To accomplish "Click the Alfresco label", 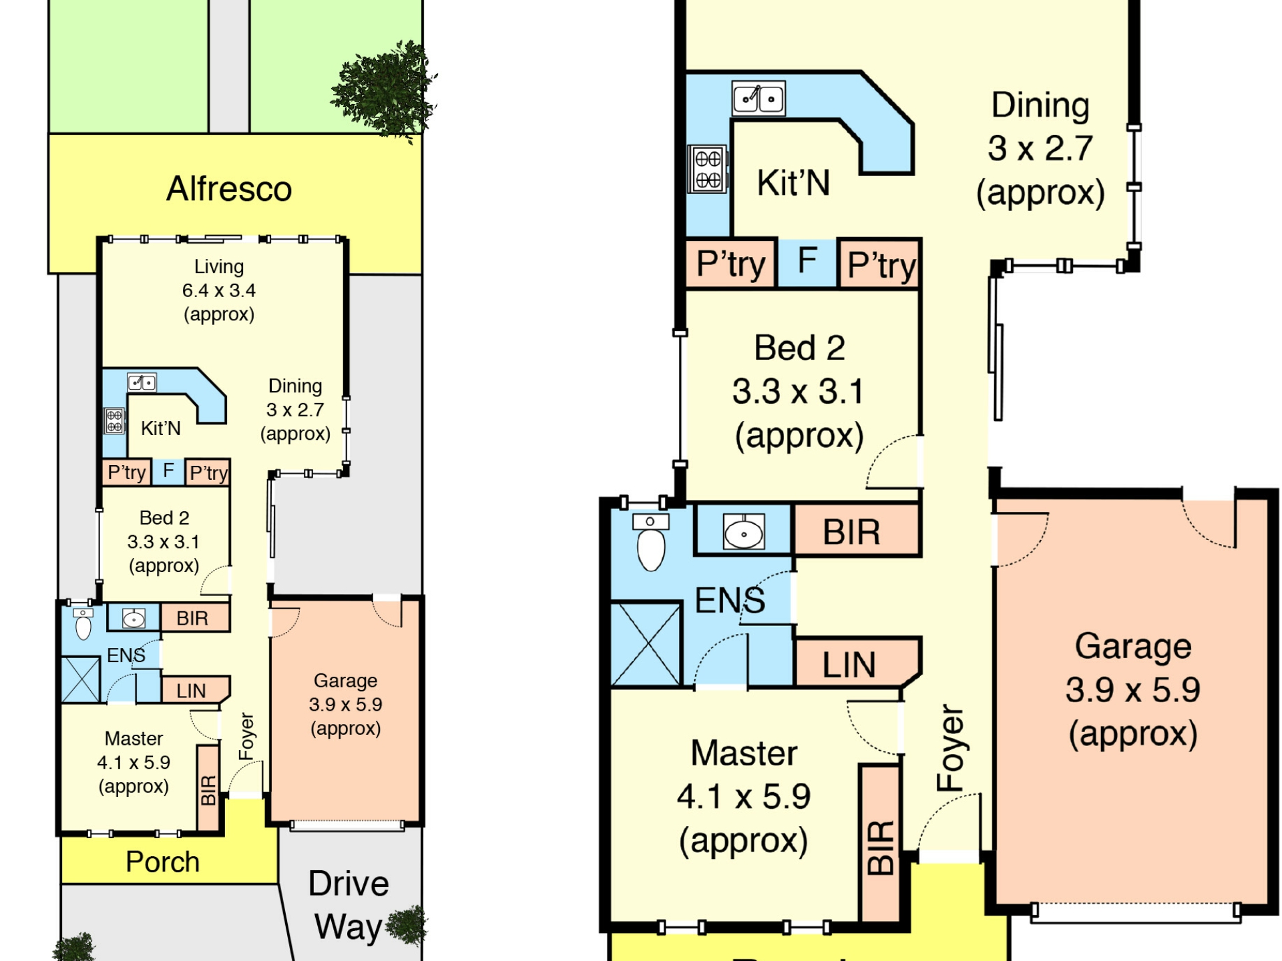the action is click(x=229, y=188).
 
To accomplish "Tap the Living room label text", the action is click(x=219, y=266).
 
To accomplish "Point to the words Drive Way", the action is click(x=349, y=904).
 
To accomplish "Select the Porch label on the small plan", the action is click(x=163, y=862).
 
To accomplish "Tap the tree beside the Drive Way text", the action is click(x=406, y=925).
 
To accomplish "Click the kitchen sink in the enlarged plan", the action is click(x=759, y=99).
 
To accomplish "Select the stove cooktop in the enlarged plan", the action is click(x=708, y=169).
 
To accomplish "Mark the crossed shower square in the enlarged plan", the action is click(x=646, y=644).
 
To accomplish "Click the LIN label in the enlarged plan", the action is click(x=849, y=665).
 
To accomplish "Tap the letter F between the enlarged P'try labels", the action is click(x=808, y=260).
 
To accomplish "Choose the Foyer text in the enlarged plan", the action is click(x=950, y=747).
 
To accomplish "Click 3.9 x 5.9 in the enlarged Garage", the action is click(x=1133, y=689).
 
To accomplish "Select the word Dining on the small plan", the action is click(x=295, y=386).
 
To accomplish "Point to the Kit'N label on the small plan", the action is click(x=161, y=428).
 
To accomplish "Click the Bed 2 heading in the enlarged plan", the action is click(x=800, y=348).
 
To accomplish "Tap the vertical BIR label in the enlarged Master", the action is click(x=881, y=848).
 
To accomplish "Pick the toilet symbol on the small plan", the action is click(x=83, y=624).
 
